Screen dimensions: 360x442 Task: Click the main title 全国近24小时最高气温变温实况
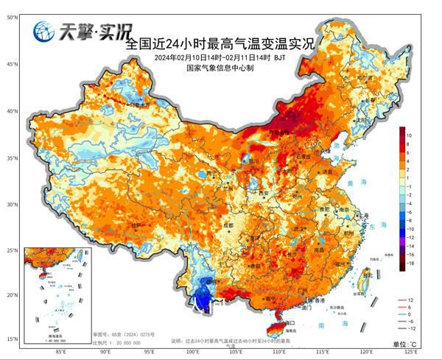220,43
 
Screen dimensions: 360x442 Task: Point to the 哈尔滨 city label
364,77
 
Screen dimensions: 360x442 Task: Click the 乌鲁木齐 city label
137,105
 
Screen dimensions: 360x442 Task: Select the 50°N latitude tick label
13,16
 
